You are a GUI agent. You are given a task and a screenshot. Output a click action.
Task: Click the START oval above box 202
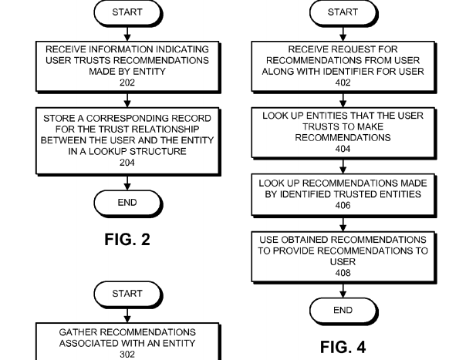127,12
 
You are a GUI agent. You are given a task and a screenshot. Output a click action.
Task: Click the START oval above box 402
343,12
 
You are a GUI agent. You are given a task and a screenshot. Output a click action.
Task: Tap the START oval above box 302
127,294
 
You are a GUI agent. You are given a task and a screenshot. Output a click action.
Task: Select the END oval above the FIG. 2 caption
127,203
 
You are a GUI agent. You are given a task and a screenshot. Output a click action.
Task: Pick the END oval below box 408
343,310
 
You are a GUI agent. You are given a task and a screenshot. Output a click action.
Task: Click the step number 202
127,82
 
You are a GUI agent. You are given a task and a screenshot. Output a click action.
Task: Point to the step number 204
127,163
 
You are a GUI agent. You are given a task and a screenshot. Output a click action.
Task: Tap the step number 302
127,355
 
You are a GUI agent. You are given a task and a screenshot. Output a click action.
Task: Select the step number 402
343,82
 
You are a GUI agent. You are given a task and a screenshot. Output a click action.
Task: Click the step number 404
343,149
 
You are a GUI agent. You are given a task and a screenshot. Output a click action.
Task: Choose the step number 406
343,206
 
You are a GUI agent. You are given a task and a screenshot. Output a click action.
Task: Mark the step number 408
343,273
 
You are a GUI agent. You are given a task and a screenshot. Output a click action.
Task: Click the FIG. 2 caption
127,239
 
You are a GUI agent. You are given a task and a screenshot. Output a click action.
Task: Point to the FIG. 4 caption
343,347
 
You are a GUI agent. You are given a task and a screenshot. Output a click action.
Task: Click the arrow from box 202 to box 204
127,99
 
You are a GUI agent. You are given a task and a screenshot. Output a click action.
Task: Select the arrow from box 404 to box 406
343,166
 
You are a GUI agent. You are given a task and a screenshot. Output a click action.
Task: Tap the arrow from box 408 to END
343,290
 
